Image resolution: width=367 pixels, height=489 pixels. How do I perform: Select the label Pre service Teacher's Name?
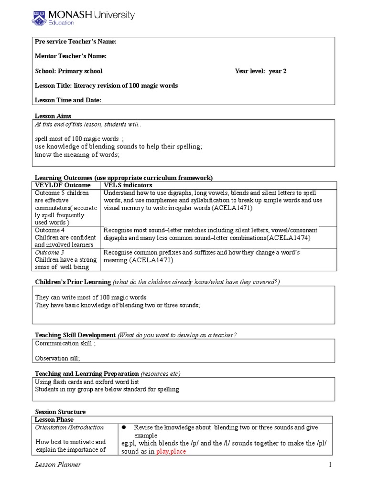click(x=76, y=42)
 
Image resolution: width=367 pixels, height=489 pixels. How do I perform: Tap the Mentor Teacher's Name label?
click(x=71, y=56)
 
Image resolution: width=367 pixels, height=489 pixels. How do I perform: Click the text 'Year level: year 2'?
click(x=260, y=71)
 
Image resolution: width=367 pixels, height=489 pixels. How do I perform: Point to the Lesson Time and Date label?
click(x=68, y=100)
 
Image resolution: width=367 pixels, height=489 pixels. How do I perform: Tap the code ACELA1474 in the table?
click(x=289, y=237)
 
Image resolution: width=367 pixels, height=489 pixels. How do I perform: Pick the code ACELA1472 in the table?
click(x=150, y=260)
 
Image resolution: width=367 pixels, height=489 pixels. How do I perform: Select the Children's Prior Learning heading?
click(x=73, y=282)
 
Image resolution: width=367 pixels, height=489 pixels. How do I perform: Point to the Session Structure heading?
click(x=61, y=412)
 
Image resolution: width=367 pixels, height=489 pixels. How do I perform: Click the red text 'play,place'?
click(x=173, y=451)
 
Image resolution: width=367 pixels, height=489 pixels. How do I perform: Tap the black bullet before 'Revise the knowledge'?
click(x=124, y=428)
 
